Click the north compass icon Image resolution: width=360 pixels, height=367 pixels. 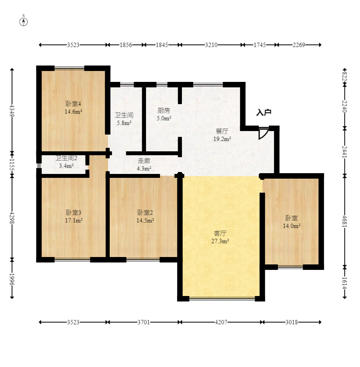point(23,21)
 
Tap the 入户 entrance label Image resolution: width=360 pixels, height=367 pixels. point(264,113)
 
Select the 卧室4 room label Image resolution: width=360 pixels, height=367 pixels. point(73,104)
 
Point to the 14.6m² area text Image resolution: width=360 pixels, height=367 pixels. point(73,112)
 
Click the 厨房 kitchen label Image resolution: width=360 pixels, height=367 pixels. point(164,110)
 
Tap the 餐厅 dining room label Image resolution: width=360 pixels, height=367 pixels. point(222,131)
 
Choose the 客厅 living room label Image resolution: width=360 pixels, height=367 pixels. point(220,233)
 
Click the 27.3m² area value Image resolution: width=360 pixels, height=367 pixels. point(220,241)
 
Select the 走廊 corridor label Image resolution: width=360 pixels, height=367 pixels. point(144,161)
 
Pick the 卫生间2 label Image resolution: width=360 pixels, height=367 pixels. point(66,158)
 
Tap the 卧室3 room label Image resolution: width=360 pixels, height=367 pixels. point(73,213)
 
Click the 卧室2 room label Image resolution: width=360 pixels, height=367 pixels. point(145,213)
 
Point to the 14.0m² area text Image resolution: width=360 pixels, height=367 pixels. point(292,226)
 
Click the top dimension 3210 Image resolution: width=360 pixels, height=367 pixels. point(211,45)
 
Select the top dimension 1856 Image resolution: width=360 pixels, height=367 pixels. point(126,45)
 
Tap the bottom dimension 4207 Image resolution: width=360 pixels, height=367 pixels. point(221,322)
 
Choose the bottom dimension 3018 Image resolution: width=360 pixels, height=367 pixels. point(292,322)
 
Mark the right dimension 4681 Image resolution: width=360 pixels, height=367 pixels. point(344,221)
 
